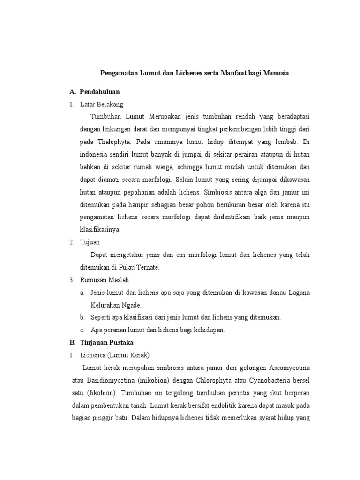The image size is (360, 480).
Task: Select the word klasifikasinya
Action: coord(100,230)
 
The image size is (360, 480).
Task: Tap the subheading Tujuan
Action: coord(90,242)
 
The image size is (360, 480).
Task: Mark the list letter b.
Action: coord(82,317)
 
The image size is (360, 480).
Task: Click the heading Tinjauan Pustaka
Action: coord(107,343)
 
